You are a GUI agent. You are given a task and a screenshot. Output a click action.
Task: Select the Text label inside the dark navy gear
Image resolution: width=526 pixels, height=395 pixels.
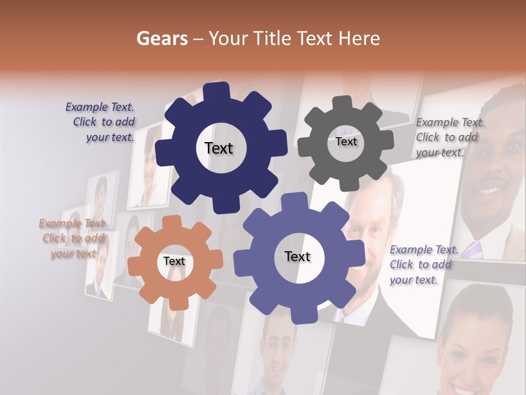(x=219, y=148)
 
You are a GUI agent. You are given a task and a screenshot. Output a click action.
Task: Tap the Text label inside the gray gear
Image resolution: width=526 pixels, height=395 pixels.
(x=346, y=142)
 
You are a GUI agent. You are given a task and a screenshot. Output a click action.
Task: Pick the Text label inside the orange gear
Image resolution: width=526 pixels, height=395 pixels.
(x=174, y=261)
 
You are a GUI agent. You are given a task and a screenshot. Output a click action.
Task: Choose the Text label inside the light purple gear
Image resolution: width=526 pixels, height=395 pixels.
(x=298, y=256)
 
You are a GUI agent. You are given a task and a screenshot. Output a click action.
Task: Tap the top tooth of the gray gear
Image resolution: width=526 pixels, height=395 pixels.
(x=344, y=103)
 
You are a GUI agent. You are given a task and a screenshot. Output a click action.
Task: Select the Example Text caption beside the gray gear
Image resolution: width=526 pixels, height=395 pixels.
(x=450, y=137)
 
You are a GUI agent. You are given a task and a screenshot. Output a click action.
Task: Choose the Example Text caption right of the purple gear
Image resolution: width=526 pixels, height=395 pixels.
(x=423, y=264)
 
